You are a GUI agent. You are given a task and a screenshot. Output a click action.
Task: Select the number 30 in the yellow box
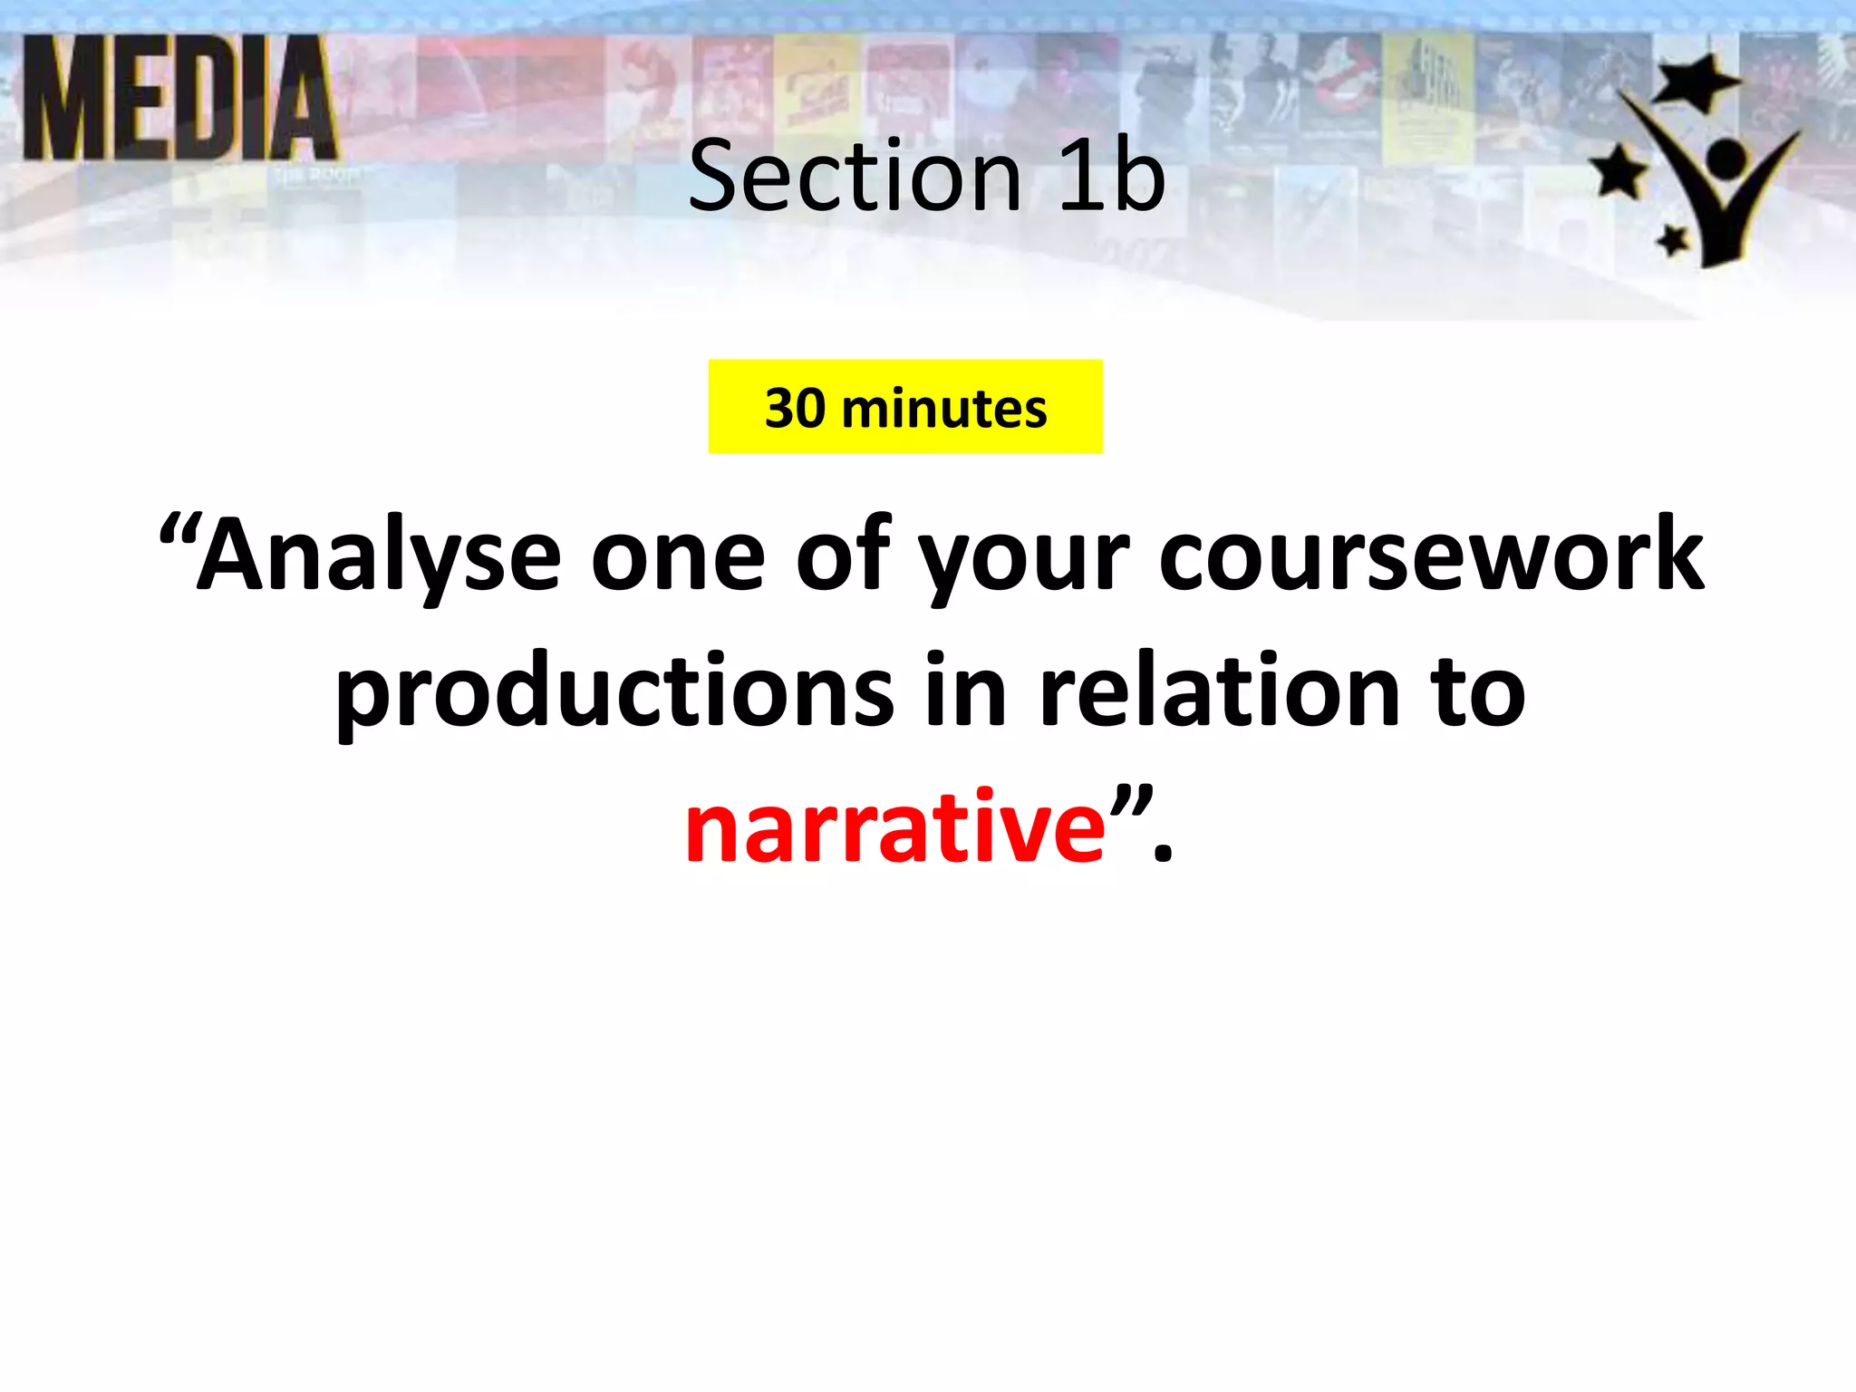[795, 408]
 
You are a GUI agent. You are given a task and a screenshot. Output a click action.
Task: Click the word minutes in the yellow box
[943, 408]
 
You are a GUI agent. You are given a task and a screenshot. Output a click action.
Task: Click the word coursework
[1431, 555]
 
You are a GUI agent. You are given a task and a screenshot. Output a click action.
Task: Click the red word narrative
[895, 826]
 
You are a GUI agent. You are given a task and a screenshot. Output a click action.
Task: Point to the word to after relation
[1477, 693]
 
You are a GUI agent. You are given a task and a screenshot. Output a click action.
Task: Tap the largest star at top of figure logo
[1696, 82]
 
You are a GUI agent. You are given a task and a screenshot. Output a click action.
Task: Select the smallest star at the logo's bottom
[1672, 241]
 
